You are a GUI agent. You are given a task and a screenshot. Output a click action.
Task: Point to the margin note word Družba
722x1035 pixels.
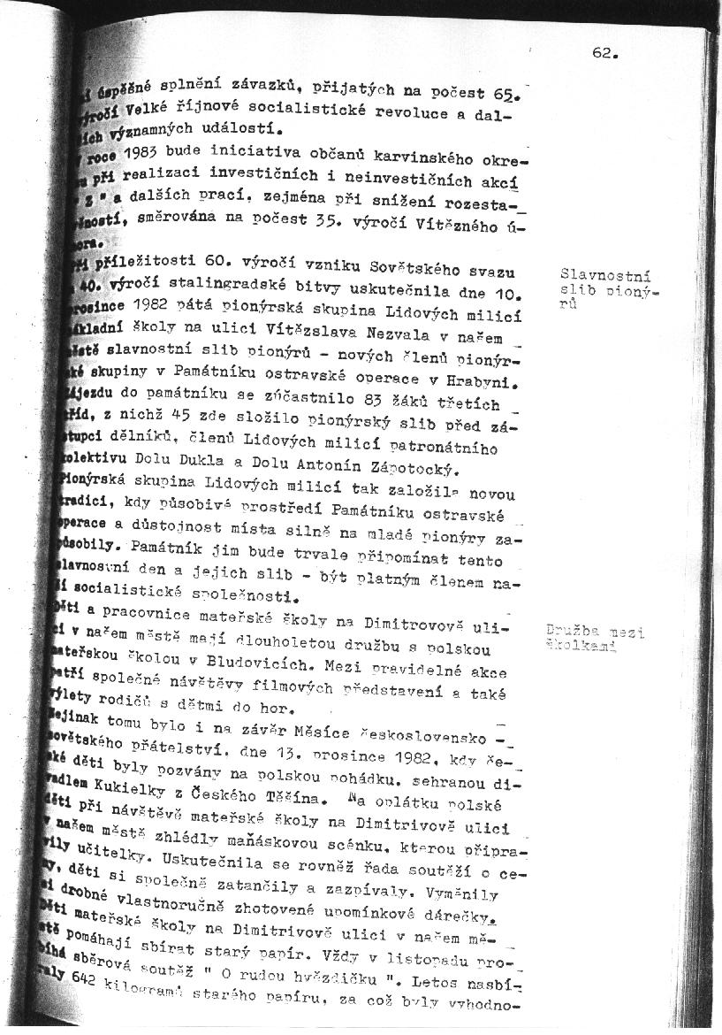point(570,632)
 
